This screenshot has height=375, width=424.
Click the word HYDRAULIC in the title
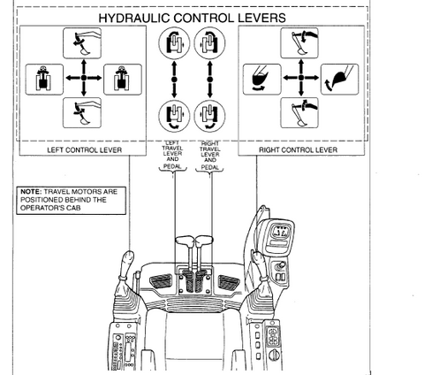(134, 18)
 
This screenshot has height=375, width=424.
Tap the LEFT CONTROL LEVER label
(85, 150)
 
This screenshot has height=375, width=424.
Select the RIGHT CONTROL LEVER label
(298, 149)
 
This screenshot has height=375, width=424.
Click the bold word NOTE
(31, 192)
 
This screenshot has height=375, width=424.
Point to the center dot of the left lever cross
(84, 78)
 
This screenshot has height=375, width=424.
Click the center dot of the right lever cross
(301, 78)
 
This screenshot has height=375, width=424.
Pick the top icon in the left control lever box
(82, 43)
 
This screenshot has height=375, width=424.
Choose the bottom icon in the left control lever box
(82, 113)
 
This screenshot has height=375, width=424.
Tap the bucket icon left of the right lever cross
(262, 80)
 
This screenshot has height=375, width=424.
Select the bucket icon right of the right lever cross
(340, 79)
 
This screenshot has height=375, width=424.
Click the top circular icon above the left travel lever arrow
(174, 43)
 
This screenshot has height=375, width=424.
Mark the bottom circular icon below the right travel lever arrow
(209, 116)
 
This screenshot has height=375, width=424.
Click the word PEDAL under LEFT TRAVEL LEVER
(172, 166)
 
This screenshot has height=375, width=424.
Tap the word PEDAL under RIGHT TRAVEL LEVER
(210, 167)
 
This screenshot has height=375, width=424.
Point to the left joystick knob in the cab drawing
(127, 259)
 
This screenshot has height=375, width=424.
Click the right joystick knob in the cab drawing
(260, 260)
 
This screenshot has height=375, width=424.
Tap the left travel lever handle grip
(185, 241)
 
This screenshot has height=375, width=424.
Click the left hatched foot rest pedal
(161, 281)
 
